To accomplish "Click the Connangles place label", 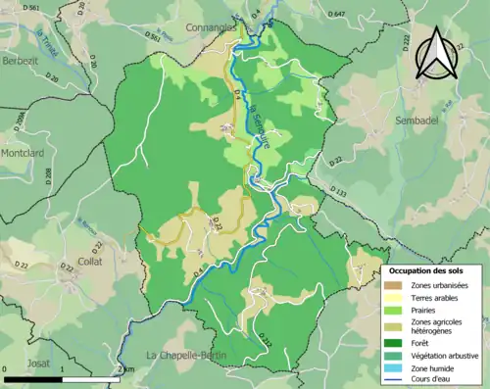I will click(213, 29).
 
